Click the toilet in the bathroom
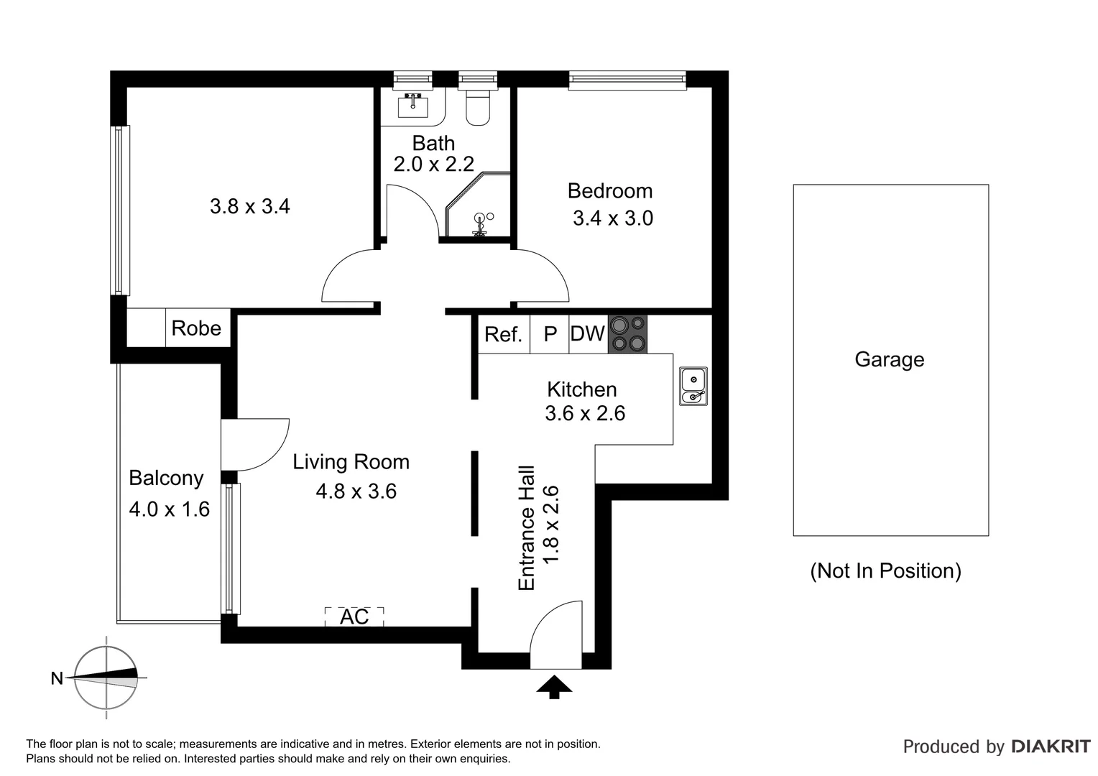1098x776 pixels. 478,107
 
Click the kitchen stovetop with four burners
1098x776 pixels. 627,334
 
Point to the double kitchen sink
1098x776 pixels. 693,387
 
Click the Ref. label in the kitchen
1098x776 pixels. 503,335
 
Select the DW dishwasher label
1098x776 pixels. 587,334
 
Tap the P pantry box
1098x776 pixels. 550,335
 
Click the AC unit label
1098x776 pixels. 354,617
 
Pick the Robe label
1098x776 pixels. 196,328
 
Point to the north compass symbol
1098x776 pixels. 106,678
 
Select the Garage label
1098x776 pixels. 889,359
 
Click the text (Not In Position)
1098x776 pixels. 885,571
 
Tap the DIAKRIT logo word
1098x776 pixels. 1051,747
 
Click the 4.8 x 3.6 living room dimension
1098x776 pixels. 356,491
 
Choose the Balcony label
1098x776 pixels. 166,478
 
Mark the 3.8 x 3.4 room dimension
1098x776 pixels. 249,207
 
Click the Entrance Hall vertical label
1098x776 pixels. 527,528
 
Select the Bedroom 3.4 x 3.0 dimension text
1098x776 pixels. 612,218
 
